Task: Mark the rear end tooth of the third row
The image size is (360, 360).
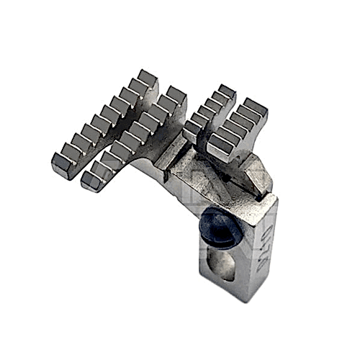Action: point(225,91)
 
